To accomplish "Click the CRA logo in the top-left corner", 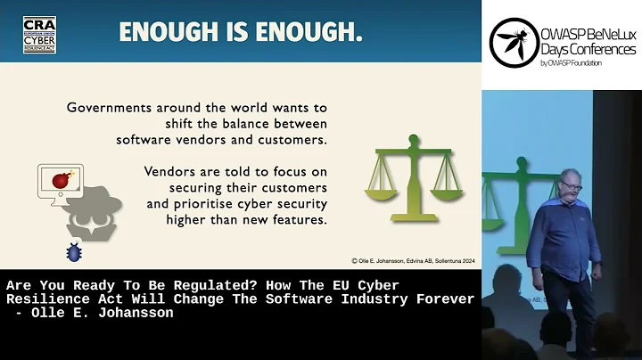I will (39, 34).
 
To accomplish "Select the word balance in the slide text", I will (257, 124).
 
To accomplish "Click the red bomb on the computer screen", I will (62, 181).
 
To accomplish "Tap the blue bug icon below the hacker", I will (74, 252).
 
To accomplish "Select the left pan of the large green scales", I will (378, 188).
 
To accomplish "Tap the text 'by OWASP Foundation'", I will (572, 63).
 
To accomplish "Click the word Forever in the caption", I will (443, 299).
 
